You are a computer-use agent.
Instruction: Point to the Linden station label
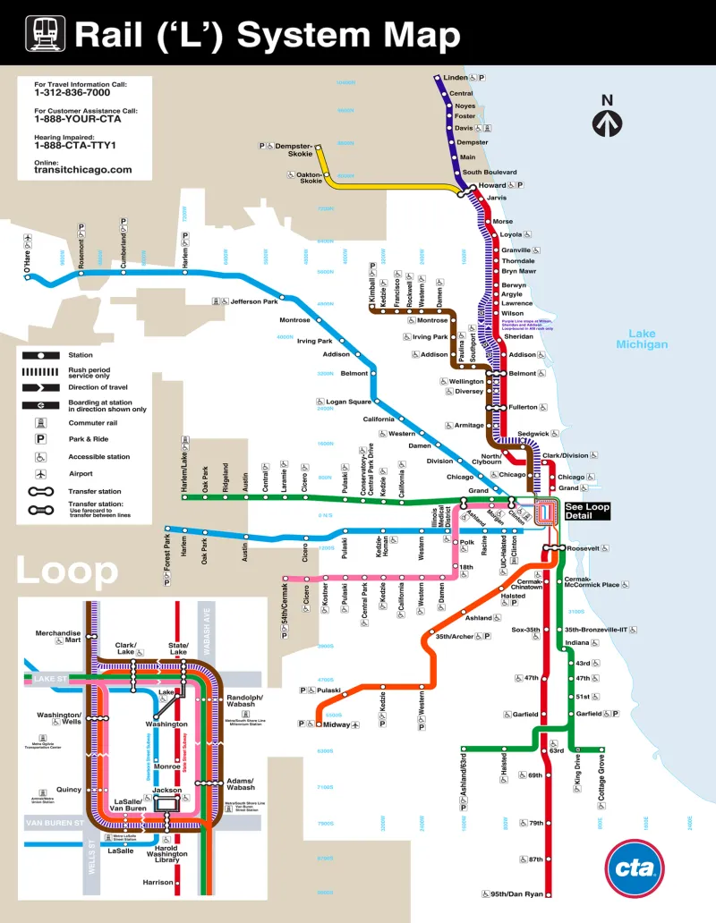point(456,78)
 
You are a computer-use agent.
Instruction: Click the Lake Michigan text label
point(647,338)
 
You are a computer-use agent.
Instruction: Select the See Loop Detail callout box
point(587,511)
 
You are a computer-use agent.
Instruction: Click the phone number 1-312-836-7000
point(72,92)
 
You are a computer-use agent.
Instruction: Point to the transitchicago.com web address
point(83,169)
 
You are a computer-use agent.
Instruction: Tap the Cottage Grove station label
point(601,781)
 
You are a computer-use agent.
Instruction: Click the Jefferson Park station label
point(254,301)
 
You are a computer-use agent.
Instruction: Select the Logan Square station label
point(348,402)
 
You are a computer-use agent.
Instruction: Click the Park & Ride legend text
point(89,439)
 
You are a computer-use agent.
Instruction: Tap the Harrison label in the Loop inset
point(158,882)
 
